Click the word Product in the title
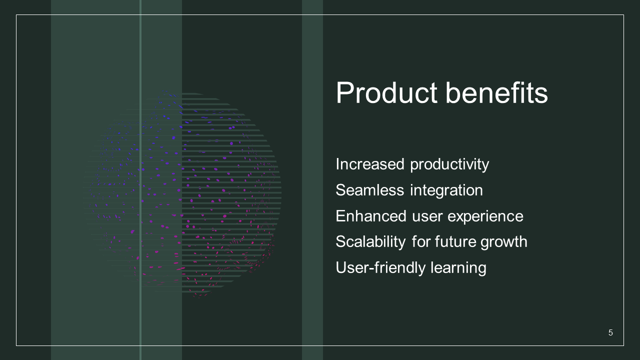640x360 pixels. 386,93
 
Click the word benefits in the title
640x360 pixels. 496,93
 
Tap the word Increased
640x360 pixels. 370,164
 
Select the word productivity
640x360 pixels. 449,165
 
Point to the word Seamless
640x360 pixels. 370,190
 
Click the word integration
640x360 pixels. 446,191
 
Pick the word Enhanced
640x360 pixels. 371,216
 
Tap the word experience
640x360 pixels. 485,217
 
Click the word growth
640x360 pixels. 503,243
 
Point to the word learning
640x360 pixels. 458,268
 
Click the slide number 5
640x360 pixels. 610,332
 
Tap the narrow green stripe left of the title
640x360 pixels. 312,180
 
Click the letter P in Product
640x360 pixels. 344,93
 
